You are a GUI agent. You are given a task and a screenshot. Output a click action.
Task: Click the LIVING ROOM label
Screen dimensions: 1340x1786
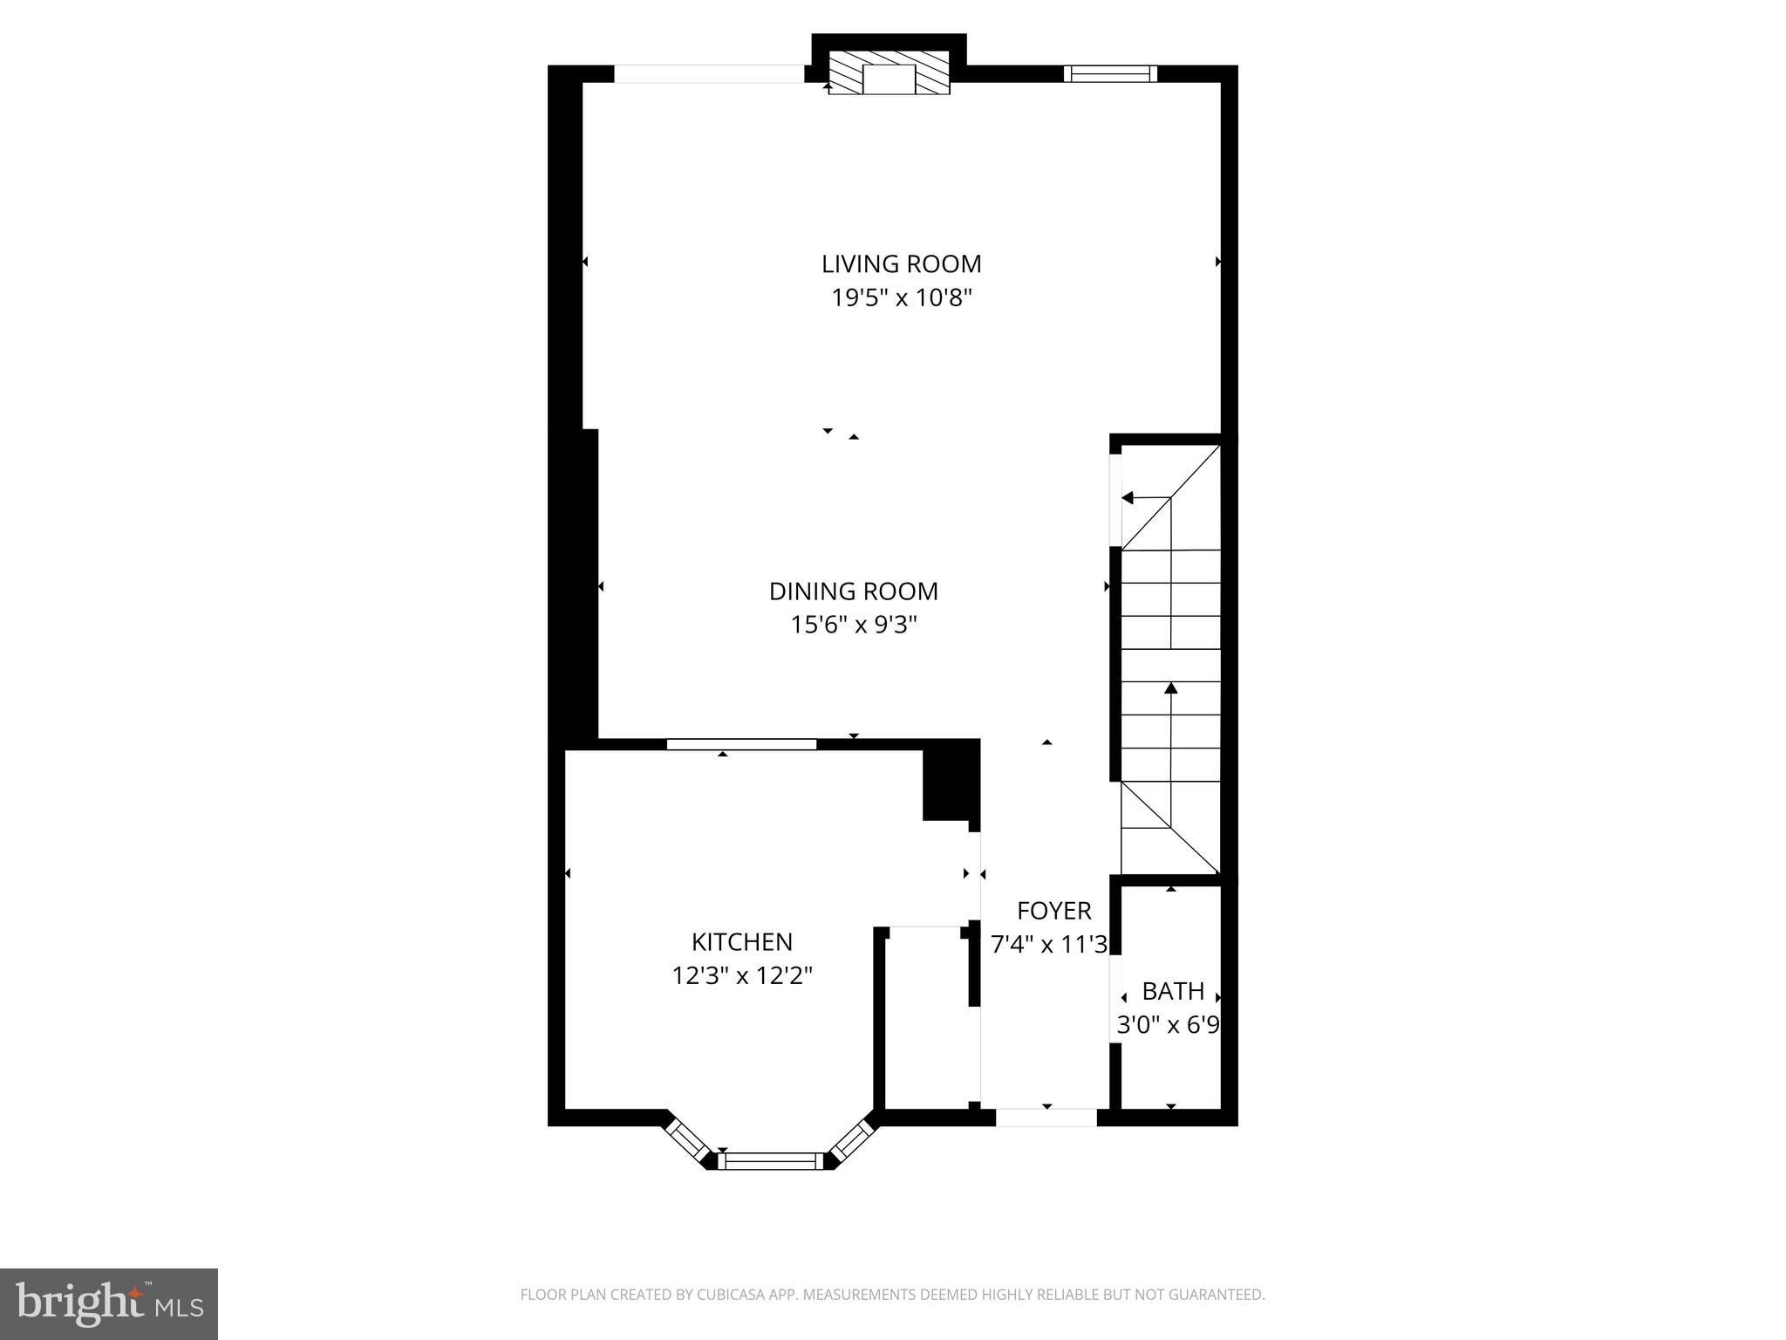[901, 263]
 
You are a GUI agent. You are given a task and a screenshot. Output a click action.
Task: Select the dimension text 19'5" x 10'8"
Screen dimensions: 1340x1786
[901, 298]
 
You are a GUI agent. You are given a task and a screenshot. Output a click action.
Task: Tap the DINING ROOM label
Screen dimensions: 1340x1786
[853, 591]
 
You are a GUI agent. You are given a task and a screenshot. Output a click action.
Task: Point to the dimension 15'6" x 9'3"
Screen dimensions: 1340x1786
[853, 626]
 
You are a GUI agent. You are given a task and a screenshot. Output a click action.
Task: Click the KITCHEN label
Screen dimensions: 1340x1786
[741, 942]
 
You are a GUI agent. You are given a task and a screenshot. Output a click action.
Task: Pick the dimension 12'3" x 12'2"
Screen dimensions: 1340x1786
[741, 975]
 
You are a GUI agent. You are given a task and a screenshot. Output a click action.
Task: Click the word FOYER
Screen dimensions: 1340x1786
[1053, 911]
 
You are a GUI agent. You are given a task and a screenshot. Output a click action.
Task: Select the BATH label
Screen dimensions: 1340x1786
[1173, 992]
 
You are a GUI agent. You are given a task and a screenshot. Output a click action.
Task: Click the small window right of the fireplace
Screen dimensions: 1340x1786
[1110, 74]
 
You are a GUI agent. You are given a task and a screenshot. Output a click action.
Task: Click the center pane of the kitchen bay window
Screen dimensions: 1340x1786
[770, 1161]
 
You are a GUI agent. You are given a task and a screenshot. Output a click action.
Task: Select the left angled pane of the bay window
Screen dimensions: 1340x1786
[688, 1139]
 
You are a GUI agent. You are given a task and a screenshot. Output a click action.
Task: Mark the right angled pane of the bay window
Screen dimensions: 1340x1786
[852, 1139]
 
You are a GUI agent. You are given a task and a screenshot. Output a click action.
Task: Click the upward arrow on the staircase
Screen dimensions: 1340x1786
[1171, 689]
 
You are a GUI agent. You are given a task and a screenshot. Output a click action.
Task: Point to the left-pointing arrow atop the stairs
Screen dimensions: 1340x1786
[1128, 498]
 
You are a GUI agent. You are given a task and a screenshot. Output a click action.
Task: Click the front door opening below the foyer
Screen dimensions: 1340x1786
[1046, 1118]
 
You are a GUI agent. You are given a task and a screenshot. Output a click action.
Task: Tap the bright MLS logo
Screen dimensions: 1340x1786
[109, 1303]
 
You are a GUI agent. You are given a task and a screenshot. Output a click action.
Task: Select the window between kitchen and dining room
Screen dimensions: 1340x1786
[741, 744]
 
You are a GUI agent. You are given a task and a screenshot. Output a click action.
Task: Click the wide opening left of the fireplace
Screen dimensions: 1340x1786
[709, 74]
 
